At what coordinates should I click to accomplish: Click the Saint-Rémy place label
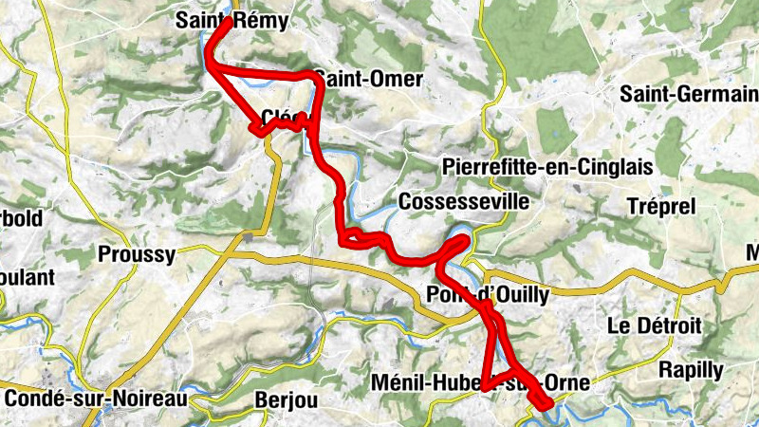point(232,22)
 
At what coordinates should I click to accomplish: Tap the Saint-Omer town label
point(367,80)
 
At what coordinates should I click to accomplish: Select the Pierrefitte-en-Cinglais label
point(547,167)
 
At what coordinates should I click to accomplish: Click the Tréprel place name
point(661,206)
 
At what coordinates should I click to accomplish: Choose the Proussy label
point(137,254)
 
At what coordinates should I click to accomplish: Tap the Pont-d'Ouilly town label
point(488,295)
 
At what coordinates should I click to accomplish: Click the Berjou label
point(284,400)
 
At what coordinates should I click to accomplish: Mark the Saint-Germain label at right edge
point(689,94)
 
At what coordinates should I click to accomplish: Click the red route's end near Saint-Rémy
point(228,21)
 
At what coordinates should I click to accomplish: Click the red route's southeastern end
point(548,407)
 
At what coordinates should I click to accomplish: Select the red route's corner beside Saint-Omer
point(310,74)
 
